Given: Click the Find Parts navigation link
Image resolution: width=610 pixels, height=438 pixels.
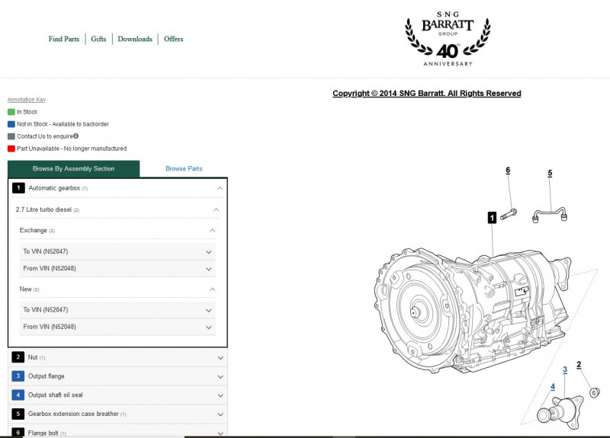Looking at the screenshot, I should point(63,39).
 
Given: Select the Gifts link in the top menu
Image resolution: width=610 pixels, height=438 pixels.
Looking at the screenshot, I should point(98,39).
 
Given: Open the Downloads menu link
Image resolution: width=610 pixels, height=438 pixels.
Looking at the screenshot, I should point(135,39).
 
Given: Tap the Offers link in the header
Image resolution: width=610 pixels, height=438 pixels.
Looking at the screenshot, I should point(173,39).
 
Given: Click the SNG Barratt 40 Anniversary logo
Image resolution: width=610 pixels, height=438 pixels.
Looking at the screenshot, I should point(448,38).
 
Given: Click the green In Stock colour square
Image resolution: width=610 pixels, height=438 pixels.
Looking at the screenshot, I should point(11,112).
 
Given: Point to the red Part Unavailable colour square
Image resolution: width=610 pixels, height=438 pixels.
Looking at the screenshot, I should point(11,149).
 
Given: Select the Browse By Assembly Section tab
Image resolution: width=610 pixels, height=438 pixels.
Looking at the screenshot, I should point(73,168).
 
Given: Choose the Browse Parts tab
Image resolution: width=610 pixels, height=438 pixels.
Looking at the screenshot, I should point(184,168).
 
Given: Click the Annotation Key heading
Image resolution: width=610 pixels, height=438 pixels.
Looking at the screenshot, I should point(26,100).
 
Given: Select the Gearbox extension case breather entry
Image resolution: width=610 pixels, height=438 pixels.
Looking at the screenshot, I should point(73,414).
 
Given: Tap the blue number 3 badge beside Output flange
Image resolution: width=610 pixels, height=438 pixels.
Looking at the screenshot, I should point(18,376).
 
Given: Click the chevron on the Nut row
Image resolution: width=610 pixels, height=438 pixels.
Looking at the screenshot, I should point(220,357).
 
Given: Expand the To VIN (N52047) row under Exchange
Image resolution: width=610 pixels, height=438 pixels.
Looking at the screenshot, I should point(208,251).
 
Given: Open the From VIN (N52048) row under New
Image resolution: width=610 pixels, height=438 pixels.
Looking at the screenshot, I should point(208,327).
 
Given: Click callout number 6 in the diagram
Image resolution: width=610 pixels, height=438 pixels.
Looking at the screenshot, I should point(508,171).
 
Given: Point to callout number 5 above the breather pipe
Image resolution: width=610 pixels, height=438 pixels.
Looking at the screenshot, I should point(549,173).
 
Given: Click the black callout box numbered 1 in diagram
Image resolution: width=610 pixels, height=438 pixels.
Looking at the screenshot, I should point(492,218).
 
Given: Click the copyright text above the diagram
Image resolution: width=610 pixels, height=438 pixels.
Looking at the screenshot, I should point(426,94).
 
